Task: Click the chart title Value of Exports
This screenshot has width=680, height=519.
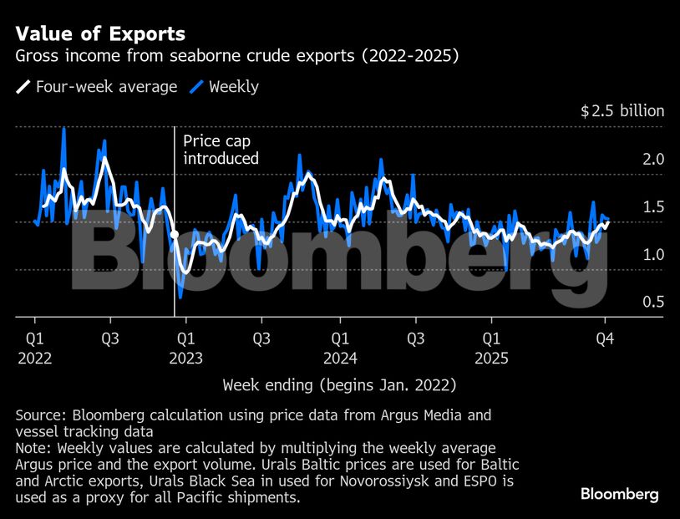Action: click(x=100, y=34)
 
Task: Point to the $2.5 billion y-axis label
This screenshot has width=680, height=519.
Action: click(x=622, y=111)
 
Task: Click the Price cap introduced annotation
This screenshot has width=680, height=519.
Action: click(x=221, y=150)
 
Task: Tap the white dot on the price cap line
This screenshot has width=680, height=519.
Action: click(x=175, y=235)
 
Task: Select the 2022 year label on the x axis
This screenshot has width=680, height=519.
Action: click(x=34, y=358)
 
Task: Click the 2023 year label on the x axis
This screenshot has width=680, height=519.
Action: click(x=185, y=358)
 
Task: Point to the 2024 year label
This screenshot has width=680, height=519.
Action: click(x=340, y=358)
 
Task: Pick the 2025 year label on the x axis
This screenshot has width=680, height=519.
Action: click(x=492, y=358)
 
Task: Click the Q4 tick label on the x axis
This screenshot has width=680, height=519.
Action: click(x=605, y=339)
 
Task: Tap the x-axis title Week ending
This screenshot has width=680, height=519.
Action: click(x=339, y=385)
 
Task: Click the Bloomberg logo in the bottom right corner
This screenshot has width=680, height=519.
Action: click(x=619, y=494)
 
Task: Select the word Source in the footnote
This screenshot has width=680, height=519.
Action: click(x=39, y=415)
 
